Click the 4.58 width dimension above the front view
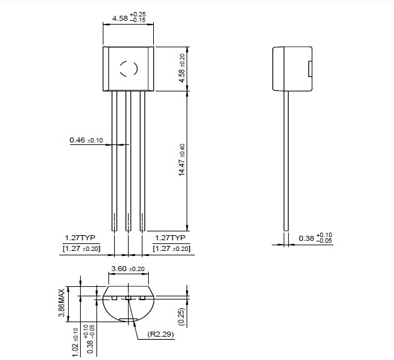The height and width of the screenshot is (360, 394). (128, 18)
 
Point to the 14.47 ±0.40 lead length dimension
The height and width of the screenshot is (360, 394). (182, 161)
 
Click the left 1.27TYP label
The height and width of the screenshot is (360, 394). (79, 238)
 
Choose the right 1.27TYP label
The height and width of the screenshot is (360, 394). (171, 238)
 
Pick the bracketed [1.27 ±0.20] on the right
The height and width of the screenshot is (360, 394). (172, 249)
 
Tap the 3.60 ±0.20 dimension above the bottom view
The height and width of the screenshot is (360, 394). (128, 269)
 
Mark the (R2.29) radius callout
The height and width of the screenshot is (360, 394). (161, 334)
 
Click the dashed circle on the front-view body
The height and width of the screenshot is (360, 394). (128, 69)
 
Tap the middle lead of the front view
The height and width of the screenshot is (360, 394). (128, 161)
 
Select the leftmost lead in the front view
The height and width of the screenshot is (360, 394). (114, 161)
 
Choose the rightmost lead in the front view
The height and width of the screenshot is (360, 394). (142, 161)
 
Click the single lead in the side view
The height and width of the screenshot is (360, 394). (287, 161)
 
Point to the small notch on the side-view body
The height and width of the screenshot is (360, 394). (310, 69)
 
